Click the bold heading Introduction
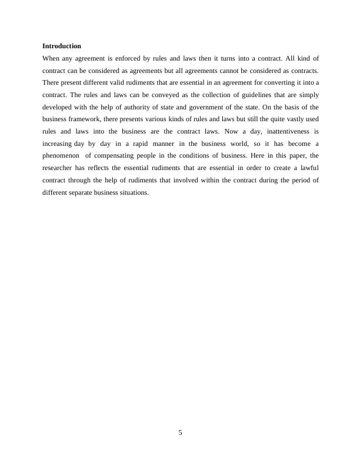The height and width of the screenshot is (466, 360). point(62,46)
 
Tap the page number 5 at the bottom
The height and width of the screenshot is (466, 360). point(180,432)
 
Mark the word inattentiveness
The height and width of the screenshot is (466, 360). point(283,131)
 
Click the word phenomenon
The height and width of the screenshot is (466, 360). point(61,155)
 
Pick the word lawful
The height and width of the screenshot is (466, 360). point(307,168)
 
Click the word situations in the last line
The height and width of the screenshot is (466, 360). point(133,192)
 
